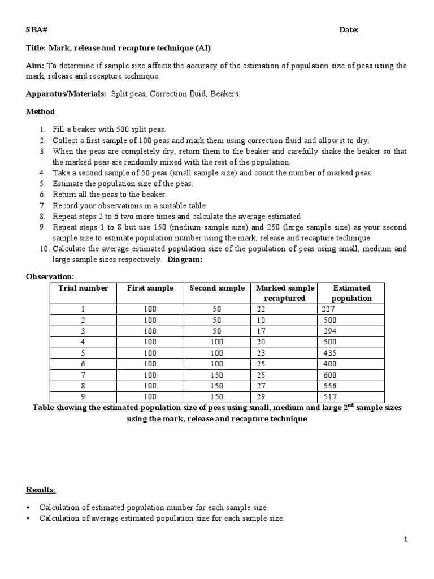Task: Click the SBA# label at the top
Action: (x=37, y=30)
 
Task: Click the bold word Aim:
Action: (x=35, y=66)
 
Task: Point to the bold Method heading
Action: (x=41, y=112)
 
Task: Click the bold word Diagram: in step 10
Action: (x=184, y=260)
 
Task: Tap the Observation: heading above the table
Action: (x=50, y=277)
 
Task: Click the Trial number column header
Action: (x=83, y=288)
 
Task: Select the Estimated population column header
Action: (x=351, y=293)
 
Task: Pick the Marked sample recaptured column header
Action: (x=285, y=293)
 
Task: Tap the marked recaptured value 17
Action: (x=261, y=331)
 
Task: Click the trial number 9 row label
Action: (x=83, y=397)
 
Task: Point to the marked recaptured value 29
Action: (x=261, y=397)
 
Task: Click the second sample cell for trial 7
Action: (x=217, y=375)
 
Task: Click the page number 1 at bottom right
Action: (x=405, y=540)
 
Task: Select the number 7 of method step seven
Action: (x=42, y=206)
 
